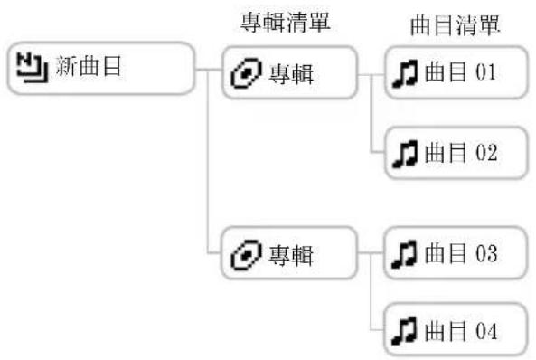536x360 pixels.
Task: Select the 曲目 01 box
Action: pos(455,72)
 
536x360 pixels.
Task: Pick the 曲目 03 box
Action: pos(455,252)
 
